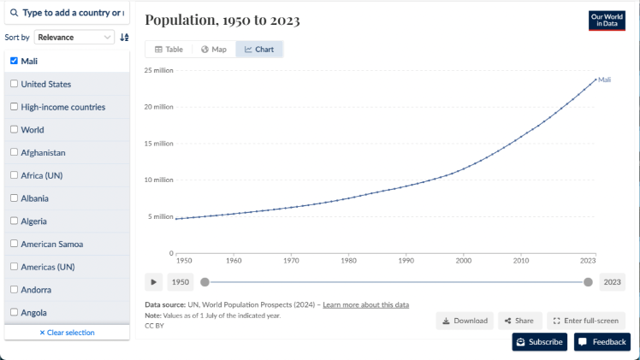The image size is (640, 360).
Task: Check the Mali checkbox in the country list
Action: [x=14, y=61]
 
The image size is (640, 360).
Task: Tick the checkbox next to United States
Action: [x=14, y=84]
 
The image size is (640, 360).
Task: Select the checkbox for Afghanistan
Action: [x=14, y=152]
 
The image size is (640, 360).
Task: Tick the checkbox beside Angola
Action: [x=14, y=312]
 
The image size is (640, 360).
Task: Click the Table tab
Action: [x=169, y=50]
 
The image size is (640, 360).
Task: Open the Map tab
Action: [x=213, y=50]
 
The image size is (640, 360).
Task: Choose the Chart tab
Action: [x=259, y=50]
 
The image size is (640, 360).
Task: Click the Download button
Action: [x=465, y=321]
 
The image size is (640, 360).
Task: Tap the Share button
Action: [x=519, y=321]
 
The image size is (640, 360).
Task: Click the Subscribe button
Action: [x=540, y=342]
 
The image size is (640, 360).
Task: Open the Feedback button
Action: [x=602, y=342]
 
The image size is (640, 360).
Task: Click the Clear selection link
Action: [x=67, y=333]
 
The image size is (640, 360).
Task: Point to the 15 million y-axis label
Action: [x=157, y=144]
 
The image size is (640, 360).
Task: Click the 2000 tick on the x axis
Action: [x=463, y=260]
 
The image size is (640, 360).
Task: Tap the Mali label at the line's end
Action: [x=604, y=80]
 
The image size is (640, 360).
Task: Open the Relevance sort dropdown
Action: [x=74, y=38]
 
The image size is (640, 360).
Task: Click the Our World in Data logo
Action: [x=607, y=21]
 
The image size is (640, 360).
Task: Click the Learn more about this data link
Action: [x=365, y=305]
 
